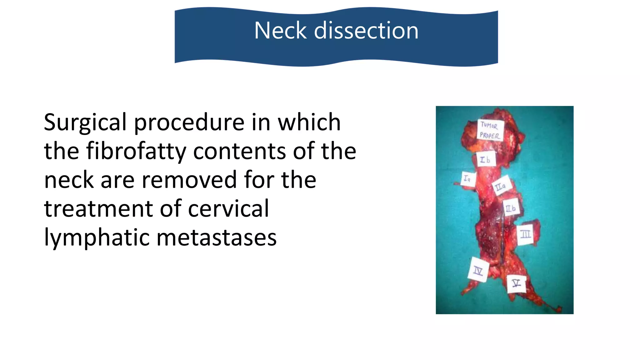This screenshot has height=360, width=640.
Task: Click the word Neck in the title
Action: (280, 31)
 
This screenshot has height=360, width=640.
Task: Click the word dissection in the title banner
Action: (366, 31)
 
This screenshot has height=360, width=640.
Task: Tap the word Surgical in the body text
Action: (85, 122)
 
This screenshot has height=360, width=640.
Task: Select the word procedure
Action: (189, 122)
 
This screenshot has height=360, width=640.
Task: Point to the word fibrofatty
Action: (136, 151)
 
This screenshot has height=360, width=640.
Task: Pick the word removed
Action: (189, 180)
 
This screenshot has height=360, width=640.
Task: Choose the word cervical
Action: (228, 209)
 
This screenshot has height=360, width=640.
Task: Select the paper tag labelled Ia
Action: (467, 179)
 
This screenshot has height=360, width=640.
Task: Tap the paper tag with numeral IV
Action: (478, 270)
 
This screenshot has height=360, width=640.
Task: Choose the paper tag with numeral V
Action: (516, 283)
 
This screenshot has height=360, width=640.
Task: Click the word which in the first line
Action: (309, 122)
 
